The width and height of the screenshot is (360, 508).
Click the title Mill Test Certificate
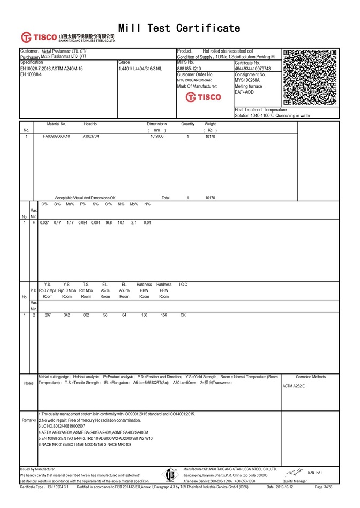pyautogui.click(x=179, y=28)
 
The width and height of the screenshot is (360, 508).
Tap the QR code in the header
pyautogui.click(x=310, y=77)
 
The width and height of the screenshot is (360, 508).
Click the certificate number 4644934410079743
pyautogui.click(x=253, y=69)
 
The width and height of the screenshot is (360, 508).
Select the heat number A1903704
pyautogui.click(x=91, y=136)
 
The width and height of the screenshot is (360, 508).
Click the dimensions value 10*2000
pyautogui.click(x=157, y=136)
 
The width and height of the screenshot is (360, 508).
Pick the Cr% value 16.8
pyautogui.click(x=108, y=222)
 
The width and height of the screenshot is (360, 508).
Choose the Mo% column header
pyautogui.click(x=134, y=204)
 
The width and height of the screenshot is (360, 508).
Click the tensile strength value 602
pyautogui.click(x=86, y=315)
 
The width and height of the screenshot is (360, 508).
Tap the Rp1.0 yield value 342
pyautogui.click(x=67, y=315)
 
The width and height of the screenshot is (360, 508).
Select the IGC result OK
pyautogui.click(x=183, y=315)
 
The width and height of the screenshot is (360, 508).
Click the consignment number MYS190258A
pyautogui.click(x=247, y=80)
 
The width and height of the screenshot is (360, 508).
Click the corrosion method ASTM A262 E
pyautogui.click(x=294, y=386)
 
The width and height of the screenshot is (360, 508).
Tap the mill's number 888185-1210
pyautogui.click(x=189, y=69)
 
